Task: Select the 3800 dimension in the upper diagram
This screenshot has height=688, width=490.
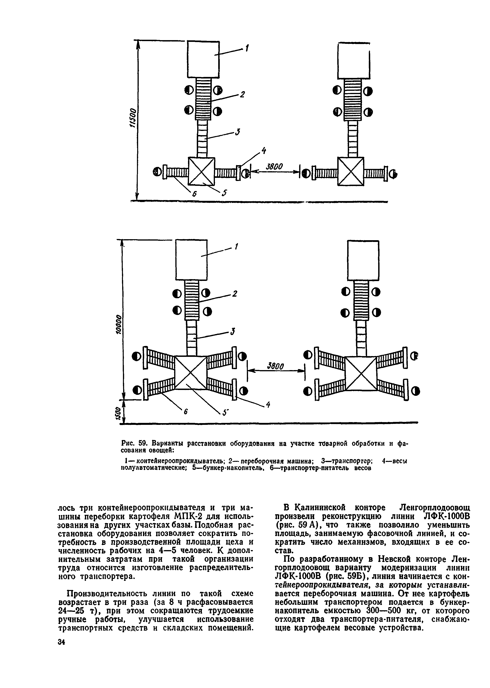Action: pyautogui.click(x=274, y=167)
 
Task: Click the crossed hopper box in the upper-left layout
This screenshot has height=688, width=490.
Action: pyautogui.click(x=201, y=171)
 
